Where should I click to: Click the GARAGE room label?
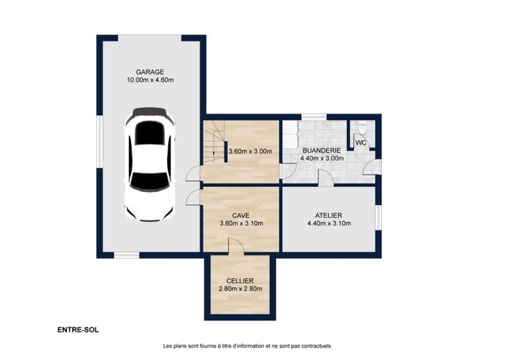pyautogui.click(x=150, y=72)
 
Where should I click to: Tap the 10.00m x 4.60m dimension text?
pyautogui.click(x=150, y=80)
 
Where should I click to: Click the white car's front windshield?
pyautogui.click(x=149, y=133)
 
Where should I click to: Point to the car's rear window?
pyautogui.click(x=149, y=181)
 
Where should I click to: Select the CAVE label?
pyautogui.click(x=241, y=215)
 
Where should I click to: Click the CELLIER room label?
pyautogui.click(x=240, y=280)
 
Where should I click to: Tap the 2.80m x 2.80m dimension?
pyautogui.click(x=240, y=289)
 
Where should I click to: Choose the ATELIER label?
pyautogui.click(x=328, y=215)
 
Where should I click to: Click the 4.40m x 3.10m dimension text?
pyautogui.click(x=329, y=224)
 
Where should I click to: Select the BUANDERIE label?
pyautogui.click(x=322, y=150)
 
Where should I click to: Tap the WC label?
pyautogui.click(x=361, y=143)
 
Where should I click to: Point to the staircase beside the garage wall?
pyautogui.click(x=214, y=141)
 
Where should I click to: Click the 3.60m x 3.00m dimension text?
pyautogui.click(x=250, y=152)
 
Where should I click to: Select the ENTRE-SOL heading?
pyautogui.click(x=78, y=330)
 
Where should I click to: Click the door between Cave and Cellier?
pyautogui.click(x=236, y=244)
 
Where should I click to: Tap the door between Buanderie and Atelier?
pyautogui.click(x=326, y=178)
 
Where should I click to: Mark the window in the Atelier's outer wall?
pyautogui.click(x=378, y=217)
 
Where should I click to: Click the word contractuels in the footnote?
pyautogui.click(x=316, y=346)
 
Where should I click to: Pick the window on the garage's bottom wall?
pyautogui.click(x=127, y=255)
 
